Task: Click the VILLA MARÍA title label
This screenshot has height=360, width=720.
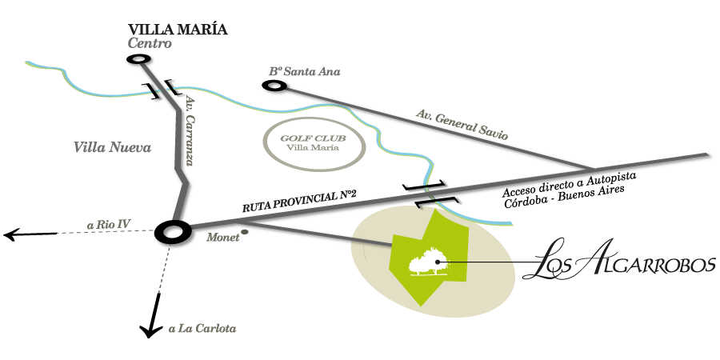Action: (x=178, y=30)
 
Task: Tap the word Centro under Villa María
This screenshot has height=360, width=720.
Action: (x=150, y=44)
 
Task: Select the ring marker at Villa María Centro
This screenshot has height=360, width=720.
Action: (x=138, y=59)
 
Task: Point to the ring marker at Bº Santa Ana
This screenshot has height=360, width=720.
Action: (x=275, y=84)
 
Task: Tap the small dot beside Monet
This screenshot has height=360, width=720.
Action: (x=245, y=232)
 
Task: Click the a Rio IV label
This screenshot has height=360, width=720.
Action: (x=108, y=223)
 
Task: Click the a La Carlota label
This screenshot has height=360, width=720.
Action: (x=202, y=328)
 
